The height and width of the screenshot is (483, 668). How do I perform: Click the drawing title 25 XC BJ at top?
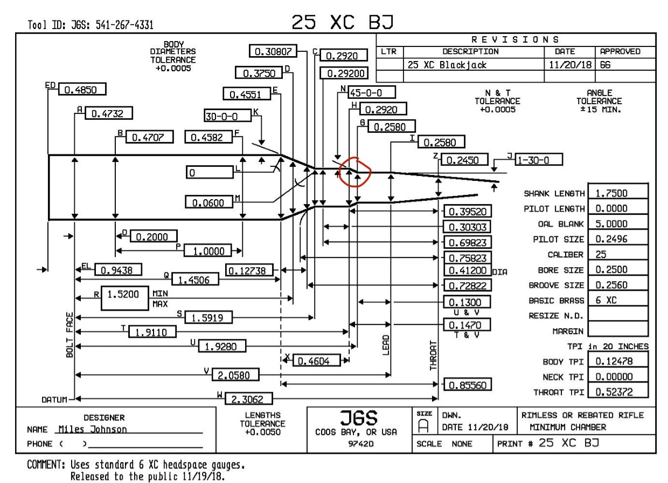[x=343, y=22]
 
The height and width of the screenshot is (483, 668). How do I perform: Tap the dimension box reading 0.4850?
[x=82, y=89]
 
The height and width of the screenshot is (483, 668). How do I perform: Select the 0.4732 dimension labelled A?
[x=109, y=113]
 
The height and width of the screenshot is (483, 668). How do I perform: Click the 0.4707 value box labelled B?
[x=149, y=137]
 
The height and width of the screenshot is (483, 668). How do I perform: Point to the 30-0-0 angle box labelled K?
[x=228, y=115]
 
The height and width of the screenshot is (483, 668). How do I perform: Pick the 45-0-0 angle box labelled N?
[x=372, y=92]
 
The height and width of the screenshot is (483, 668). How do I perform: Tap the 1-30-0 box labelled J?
[x=539, y=160]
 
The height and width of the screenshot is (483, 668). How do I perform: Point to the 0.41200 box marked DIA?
[x=467, y=270]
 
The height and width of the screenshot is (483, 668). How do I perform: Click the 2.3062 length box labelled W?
[x=248, y=399]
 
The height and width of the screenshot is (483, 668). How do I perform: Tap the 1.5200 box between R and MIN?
[x=124, y=298]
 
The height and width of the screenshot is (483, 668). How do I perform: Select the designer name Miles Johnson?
[x=93, y=429]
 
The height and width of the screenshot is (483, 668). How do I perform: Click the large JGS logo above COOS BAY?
[x=359, y=418]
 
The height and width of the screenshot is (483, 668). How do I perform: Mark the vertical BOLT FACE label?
[x=69, y=335]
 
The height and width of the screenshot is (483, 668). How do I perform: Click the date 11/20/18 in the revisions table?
[x=570, y=65]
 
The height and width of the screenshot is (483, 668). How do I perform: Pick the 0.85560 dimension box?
[x=467, y=385]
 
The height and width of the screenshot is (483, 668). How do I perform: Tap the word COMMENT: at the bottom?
[x=46, y=465]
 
